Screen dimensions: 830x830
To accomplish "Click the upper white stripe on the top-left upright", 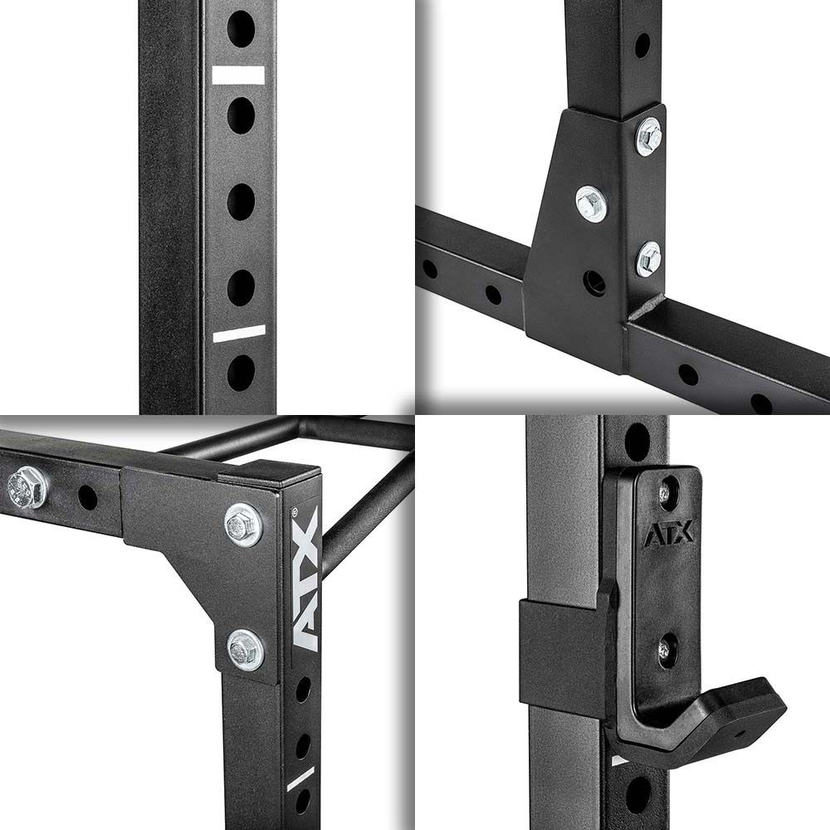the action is (x=238, y=76).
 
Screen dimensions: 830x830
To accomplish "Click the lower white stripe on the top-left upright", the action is (x=239, y=334).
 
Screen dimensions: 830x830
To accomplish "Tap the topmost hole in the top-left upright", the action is (x=241, y=28).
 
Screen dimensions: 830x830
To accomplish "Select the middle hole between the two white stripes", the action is (x=241, y=202).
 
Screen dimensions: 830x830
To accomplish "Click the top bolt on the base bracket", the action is (x=649, y=137).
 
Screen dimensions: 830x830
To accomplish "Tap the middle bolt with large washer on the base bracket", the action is (x=591, y=203).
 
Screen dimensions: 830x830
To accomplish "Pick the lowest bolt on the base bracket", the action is (x=649, y=259).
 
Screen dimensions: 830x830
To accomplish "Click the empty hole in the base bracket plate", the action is (x=594, y=282).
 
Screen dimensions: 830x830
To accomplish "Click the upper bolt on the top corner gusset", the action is (x=243, y=525).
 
